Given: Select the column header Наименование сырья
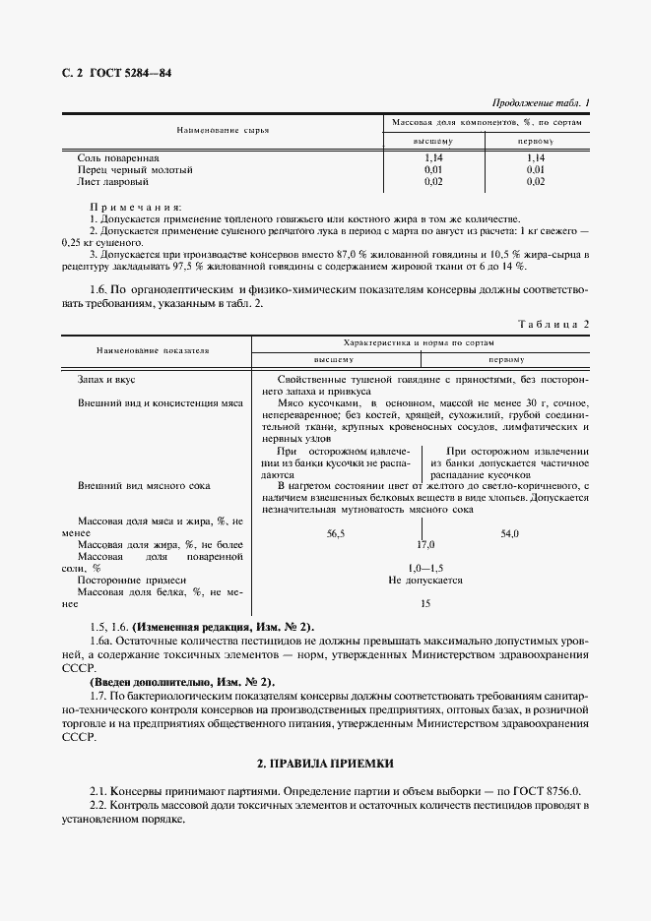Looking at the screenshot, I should click(x=223, y=130).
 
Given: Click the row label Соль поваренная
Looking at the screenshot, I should click(x=117, y=157).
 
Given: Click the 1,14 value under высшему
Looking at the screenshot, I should click(x=434, y=157).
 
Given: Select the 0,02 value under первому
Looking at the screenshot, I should click(x=536, y=181).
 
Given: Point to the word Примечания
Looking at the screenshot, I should click(x=135, y=207).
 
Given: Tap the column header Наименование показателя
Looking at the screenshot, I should click(x=153, y=350).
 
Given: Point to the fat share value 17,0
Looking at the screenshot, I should click(x=425, y=544).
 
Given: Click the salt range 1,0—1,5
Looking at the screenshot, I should click(x=425, y=568).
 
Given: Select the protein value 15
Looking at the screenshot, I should click(x=425, y=604).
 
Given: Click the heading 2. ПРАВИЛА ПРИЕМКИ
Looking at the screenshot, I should click(x=325, y=764).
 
